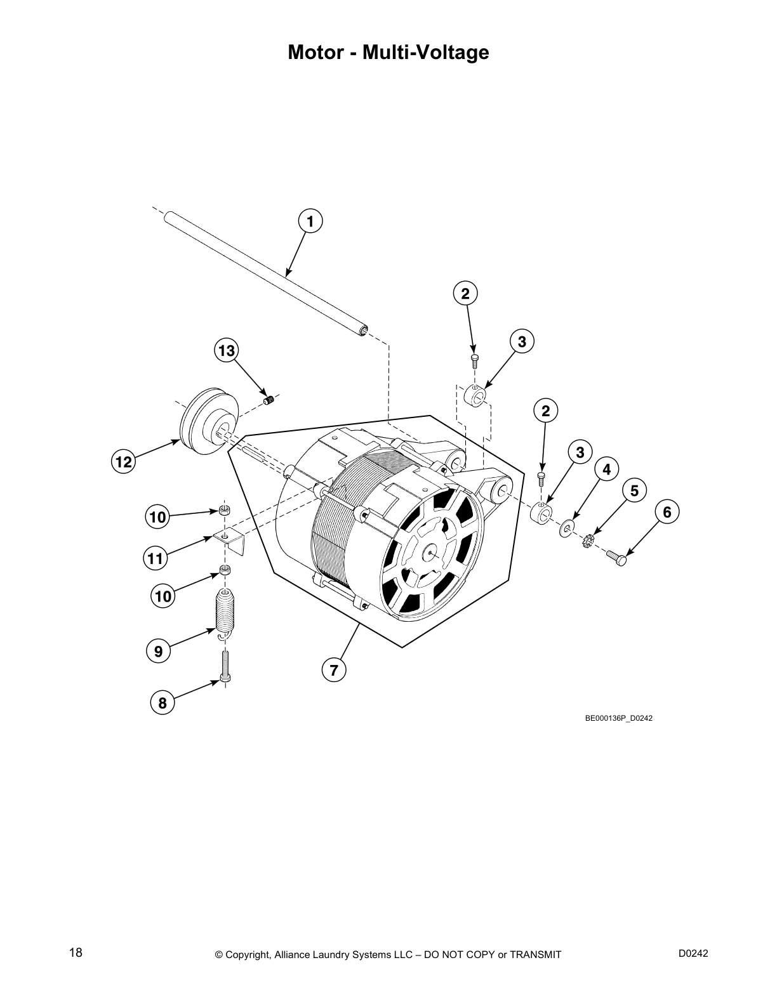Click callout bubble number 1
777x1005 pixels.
tap(310, 221)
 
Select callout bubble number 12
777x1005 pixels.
tap(124, 462)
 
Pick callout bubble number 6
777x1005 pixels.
tap(667, 511)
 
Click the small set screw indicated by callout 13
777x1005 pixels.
tap(269, 400)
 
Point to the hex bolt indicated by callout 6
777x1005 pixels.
tap(616, 556)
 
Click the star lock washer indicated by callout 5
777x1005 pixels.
tap(588, 541)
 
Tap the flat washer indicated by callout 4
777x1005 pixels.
tap(566, 527)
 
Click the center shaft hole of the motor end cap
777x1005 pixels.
tap(431, 553)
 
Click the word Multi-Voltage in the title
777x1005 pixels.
tap(425, 52)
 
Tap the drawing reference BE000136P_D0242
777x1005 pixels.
tap(618, 718)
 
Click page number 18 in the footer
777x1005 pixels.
tap(76, 953)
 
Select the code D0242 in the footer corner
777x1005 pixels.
tap(693, 953)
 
